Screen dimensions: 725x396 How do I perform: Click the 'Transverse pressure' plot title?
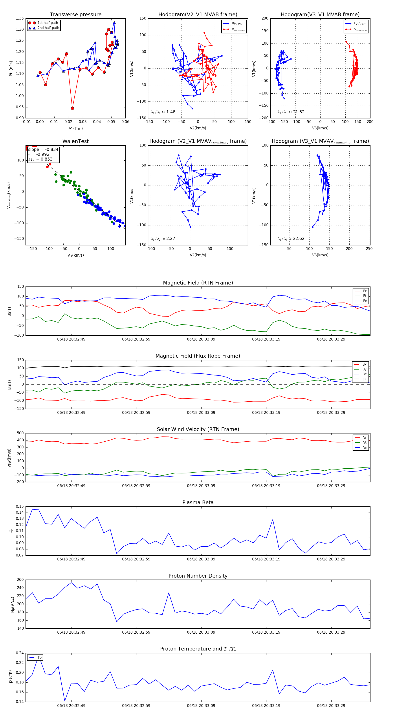pos(75,15)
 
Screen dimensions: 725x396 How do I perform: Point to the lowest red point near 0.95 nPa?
pos(72,108)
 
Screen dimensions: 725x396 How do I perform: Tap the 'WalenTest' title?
pos(75,141)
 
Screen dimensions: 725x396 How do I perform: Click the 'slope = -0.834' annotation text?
pos(43,149)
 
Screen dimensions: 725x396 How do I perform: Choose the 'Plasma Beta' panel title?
pos(198,502)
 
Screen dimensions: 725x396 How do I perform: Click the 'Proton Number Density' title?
pos(198,576)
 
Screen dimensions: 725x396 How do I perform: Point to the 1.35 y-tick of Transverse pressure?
pos(20,18)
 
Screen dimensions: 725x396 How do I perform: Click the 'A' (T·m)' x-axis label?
pos(75,128)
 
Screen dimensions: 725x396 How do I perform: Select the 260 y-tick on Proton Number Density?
pos(20,580)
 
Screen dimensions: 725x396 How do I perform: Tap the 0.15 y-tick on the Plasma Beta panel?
pos(20,506)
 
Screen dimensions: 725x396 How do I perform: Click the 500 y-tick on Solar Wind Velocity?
pos(20,433)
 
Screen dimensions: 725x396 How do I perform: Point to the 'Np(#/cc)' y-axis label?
pos(12,604)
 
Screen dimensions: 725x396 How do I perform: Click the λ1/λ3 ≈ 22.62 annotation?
pos(291,239)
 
